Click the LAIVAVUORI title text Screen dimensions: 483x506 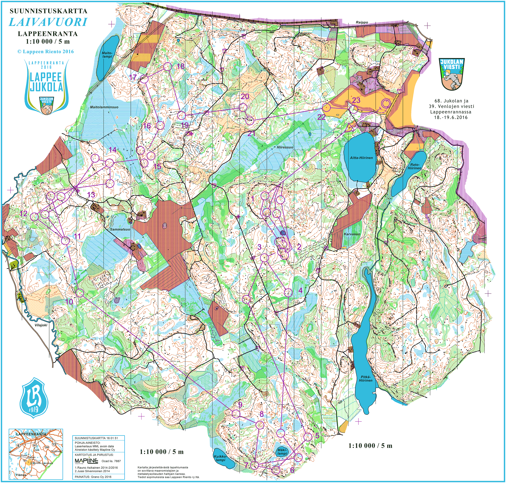click(48, 22)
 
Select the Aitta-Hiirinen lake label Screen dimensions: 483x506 click(361, 158)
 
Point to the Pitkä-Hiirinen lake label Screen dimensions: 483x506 click(366, 378)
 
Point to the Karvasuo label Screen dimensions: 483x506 click(352, 234)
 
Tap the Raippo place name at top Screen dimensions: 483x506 click(362, 22)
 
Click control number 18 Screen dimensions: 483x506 click(181, 66)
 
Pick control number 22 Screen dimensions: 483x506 click(321, 117)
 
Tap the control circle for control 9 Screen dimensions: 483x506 click(236, 414)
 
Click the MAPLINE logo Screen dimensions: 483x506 click(86, 461)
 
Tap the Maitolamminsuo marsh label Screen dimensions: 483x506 click(104, 107)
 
